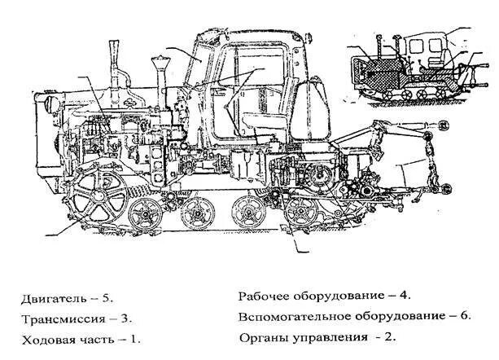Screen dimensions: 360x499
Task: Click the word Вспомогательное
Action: pos(290,317)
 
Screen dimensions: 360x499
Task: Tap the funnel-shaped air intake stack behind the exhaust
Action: pos(158,73)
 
